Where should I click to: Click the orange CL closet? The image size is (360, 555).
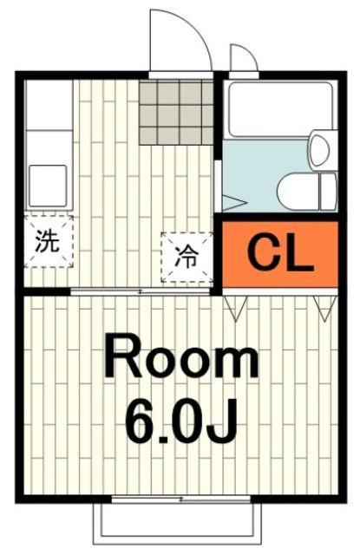coord(279,254)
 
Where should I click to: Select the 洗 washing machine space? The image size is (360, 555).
coord(49,241)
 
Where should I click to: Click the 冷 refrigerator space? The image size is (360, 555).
coord(187,257)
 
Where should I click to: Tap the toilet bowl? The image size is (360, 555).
coord(298,192)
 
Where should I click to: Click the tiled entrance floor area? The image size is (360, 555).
coord(176,112)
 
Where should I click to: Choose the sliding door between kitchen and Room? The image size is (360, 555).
coord(141,291)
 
